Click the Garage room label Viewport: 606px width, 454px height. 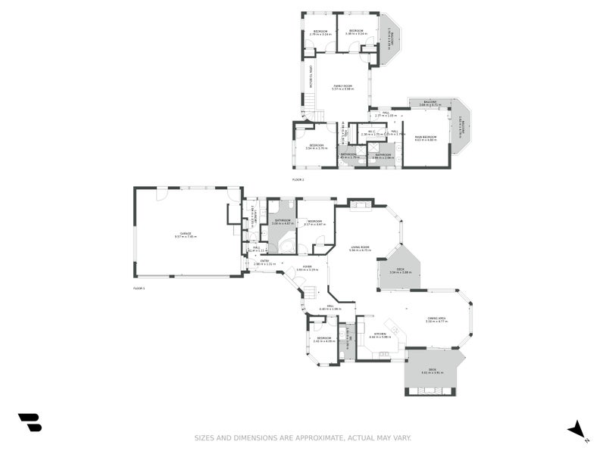(x=186, y=235)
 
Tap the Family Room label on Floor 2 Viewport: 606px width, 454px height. (x=343, y=87)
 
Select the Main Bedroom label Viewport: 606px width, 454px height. (x=426, y=138)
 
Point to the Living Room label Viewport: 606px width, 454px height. (x=360, y=247)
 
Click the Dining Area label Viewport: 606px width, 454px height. (x=436, y=319)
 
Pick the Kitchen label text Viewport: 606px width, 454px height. (x=380, y=334)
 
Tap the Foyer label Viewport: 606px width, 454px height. (x=308, y=267)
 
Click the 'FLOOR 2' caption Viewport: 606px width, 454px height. (x=298, y=179)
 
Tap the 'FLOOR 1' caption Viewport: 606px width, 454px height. (x=139, y=288)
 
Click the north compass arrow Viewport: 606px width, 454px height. (x=577, y=429)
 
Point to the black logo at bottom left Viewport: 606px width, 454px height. (x=30, y=422)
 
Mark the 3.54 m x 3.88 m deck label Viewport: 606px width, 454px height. (x=400, y=271)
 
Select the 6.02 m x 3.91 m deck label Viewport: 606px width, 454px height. (x=432, y=371)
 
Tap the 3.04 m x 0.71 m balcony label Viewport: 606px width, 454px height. (x=430, y=103)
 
